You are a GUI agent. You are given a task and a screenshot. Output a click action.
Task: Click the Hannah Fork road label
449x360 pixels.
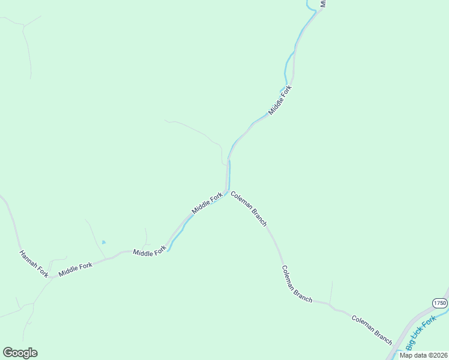pyautogui.click(x=34, y=264)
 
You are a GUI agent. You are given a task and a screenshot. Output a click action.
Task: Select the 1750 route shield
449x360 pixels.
pyautogui.click(x=440, y=302)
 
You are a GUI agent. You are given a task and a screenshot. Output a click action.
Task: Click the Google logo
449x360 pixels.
pyautogui.click(x=20, y=353)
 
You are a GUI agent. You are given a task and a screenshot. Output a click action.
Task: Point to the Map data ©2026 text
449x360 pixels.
pyautogui.click(x=423, y=355)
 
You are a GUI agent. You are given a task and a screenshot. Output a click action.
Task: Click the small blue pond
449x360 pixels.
pyautogui.click(x=103, y=242)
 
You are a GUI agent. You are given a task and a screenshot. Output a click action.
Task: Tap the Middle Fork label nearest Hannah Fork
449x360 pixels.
pyautogui.click(x=76, y=270)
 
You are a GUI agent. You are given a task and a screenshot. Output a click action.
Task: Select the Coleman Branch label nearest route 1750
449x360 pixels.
pyautogui.click(x=372, y=329)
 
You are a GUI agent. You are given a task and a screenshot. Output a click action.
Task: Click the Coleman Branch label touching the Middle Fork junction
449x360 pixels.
pyautogui.click(x=249, y=209)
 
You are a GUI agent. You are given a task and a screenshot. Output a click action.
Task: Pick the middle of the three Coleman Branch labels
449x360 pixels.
pyautogui.click(x=297, y=284)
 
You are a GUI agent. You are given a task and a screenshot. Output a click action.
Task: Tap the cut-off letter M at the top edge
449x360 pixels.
pyautogui.click(x=322, y=3)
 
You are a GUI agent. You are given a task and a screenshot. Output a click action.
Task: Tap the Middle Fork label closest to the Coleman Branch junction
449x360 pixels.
pyautogui.click(x=207, y=203)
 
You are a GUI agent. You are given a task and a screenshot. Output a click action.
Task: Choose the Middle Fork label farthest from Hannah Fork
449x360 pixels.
pyautogui.click(x=280, y=100)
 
